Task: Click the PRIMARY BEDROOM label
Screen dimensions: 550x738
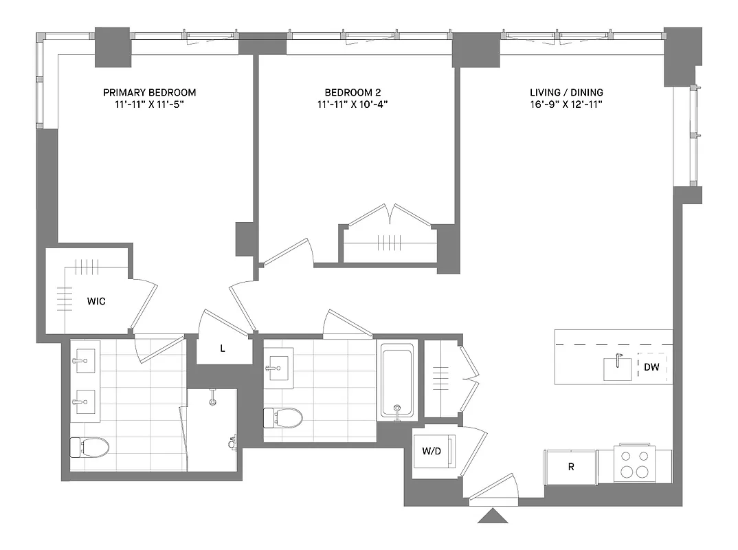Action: coord(149,92)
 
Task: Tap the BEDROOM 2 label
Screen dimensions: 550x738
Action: coord(352,92)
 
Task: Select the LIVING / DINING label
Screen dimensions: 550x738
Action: coord(566,92)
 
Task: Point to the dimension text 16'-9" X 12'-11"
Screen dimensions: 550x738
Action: coord(566,104)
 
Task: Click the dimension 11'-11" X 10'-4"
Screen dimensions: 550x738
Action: coord(352,104)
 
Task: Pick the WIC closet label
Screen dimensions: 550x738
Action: coord(96,301)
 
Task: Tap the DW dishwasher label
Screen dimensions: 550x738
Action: coord(651,368)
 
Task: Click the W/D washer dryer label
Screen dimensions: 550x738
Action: coord(432,452)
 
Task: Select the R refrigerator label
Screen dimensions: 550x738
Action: coord(570,467)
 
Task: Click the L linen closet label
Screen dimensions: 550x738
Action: coord(222,349)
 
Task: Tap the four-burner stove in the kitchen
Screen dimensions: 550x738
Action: coord(634,463)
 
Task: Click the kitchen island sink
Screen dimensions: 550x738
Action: coord(618,368)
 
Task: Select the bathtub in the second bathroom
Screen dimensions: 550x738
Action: coord(397,381)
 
